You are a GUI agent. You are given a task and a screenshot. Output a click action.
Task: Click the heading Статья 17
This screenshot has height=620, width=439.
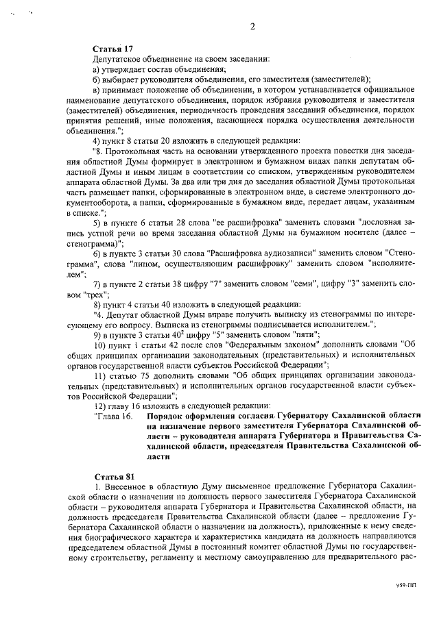click(112, 49)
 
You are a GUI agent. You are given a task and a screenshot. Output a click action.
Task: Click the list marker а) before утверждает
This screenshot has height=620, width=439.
click(97, 69)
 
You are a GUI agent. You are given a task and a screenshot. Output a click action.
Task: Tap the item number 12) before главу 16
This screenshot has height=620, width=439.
click(99, 406)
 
